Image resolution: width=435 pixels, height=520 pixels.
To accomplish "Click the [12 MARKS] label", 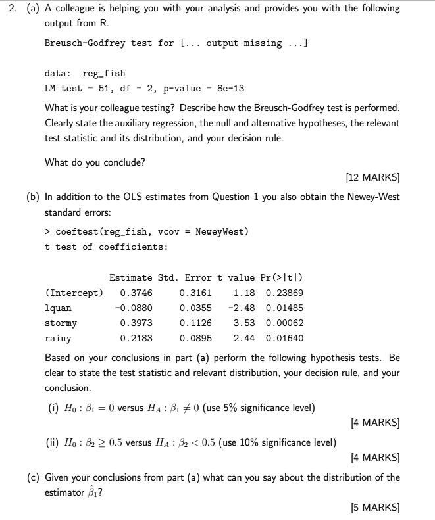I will (372, 177).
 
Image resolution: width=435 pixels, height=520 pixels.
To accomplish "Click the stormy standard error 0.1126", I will (195, 323).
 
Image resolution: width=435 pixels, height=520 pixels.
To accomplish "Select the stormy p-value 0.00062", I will (284, 323).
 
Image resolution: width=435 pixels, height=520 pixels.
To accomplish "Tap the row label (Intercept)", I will (74, 293).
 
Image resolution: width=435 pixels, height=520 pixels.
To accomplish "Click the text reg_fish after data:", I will (103, 73).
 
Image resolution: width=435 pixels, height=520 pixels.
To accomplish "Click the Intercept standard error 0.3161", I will (195, 293).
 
